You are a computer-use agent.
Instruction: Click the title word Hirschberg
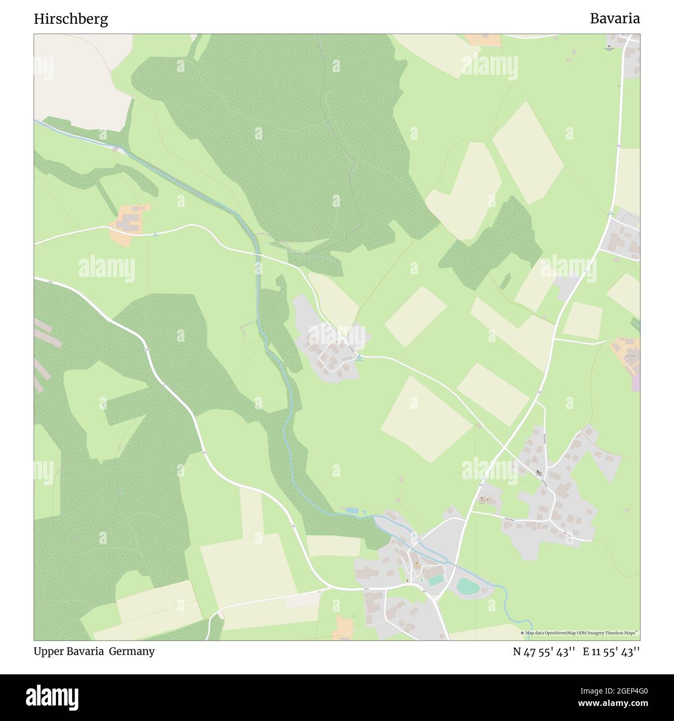[71, 19]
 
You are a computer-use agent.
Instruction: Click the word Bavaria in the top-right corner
[614, 19]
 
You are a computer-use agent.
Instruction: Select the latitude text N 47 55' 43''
[544, 651]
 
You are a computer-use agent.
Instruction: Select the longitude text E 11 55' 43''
[611, 651]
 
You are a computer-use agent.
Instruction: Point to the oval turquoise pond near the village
[469, 586]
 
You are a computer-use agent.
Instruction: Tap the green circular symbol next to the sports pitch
[422, 579]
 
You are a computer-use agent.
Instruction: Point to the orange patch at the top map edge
[483, 39]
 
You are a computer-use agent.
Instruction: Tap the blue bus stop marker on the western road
[155, 235]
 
